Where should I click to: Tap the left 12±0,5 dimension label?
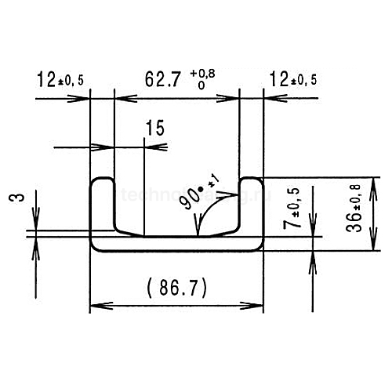[x=62, y=79]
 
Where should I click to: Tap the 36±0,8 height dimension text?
[x=354, y=208]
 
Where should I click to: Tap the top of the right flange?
[x=250, y=179]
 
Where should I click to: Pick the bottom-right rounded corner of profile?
[x=257, y=247]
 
